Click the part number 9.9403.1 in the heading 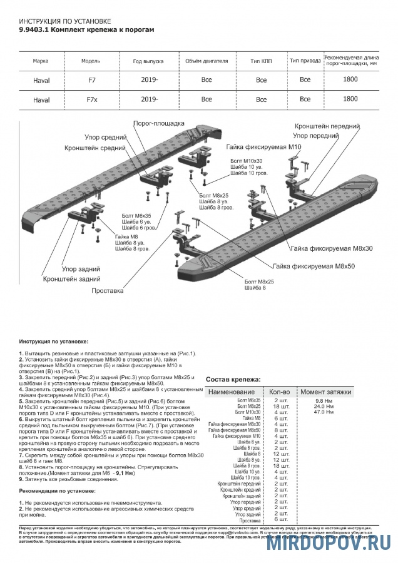33,29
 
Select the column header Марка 41,61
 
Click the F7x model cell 91,99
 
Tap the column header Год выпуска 148,61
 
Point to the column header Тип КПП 261,61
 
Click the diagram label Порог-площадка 159,123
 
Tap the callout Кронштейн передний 327,125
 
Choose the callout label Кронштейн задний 73,278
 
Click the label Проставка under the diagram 107,291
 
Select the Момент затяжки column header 326,391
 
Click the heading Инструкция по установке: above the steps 54,342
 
